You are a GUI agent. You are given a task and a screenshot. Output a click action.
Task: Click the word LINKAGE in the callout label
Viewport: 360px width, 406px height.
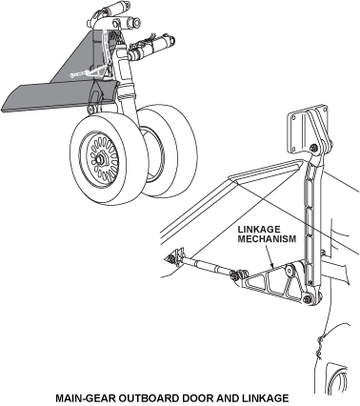[259, 230]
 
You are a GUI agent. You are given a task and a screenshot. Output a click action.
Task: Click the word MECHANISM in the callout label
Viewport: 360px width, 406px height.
[267, 239]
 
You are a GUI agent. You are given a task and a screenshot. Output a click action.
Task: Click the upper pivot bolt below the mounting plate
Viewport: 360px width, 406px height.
[314, 148]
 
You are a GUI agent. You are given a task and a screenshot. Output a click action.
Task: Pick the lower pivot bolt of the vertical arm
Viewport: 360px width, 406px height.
[308, 299]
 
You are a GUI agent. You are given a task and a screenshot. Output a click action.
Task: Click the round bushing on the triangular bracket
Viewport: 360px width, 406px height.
[290, 271]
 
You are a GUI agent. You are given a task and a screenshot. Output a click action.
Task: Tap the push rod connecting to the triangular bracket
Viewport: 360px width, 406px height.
[206, 266]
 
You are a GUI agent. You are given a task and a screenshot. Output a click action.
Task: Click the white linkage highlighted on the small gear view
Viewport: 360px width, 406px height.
[86, 74]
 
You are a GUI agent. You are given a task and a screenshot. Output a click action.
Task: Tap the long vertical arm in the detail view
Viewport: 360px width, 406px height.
[311, 223]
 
